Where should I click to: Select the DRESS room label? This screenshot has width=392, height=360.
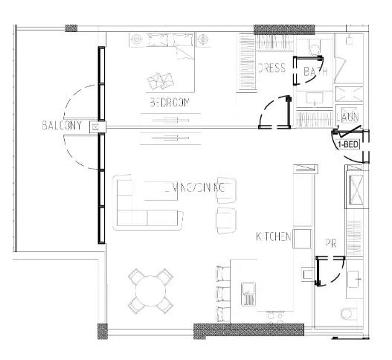coord(271,69)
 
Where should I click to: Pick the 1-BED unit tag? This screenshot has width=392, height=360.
coord(350,145)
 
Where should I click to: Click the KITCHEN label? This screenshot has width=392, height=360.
coord(273,237)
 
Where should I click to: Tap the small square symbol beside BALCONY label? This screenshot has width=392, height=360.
coord(94,127)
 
